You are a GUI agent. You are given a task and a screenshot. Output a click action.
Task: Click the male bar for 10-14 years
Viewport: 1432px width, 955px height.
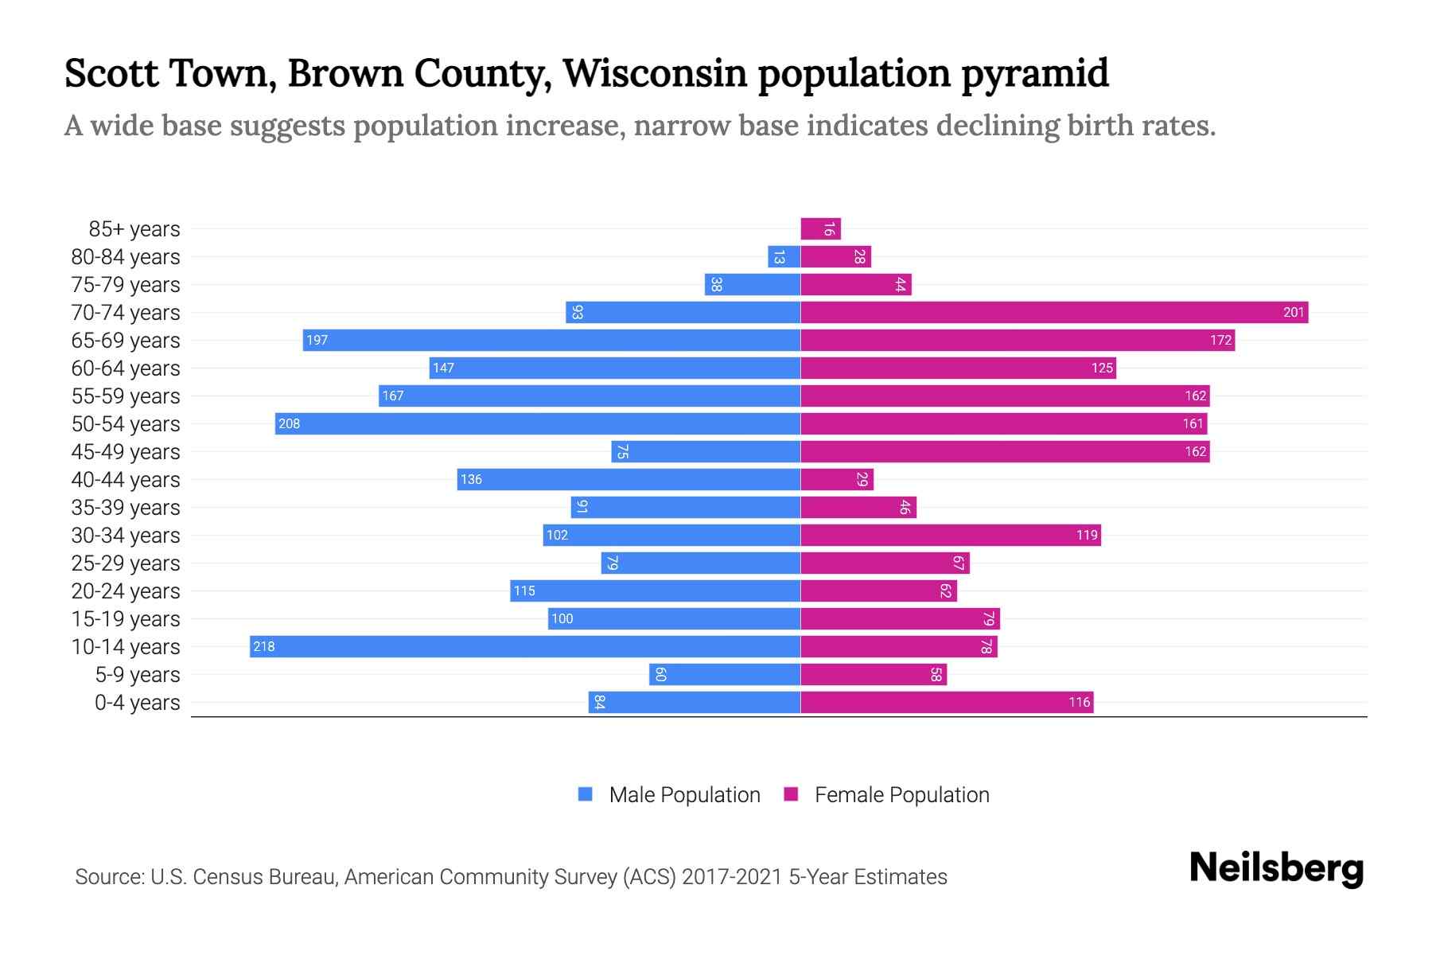click(x=525, y=646)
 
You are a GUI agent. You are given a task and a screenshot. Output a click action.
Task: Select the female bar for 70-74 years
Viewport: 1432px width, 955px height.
click(x=1054, y=312)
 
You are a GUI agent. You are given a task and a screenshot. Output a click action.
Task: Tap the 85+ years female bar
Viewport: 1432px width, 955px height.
click(x=820, y=229)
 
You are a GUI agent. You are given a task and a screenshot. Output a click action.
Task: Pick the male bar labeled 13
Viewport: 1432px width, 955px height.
click(x=784, y=257)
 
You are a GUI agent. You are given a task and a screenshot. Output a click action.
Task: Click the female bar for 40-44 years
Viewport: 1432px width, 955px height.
click(x=836, y=479)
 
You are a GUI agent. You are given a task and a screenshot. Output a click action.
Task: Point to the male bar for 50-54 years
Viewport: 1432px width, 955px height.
click(x=538, y=423)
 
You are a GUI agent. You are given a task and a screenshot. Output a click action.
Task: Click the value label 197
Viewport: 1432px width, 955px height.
click(x=317, y=341)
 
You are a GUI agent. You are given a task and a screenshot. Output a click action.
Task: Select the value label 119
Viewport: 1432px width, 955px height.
click(x=1087, y=535)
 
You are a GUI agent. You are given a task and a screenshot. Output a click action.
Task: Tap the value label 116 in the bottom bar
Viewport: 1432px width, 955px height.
click(x=1079, y=702)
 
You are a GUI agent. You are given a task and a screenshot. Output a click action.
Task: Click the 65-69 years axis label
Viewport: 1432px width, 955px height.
click(x=126, y=341)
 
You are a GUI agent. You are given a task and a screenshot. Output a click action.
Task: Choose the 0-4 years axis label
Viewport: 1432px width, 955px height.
click(x=137, y=703)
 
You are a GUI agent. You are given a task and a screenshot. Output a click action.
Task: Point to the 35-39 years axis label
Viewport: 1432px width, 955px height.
click(x=126, y=508)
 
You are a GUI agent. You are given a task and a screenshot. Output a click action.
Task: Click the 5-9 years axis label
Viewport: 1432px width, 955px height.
click(x=137, y=675)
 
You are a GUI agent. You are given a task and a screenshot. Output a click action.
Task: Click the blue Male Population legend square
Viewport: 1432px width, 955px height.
click(x=586, y=794)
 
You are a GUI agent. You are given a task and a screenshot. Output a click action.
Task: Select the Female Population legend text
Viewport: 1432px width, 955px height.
click(x=901, y=795)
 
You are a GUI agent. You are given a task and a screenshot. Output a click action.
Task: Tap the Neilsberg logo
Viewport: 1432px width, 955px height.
click(x=1276, y=868)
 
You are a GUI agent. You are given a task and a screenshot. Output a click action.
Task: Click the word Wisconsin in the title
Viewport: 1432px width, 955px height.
click(x=655, y=73)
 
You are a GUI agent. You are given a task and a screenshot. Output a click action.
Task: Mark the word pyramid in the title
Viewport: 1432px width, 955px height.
click(x=1034, y=73)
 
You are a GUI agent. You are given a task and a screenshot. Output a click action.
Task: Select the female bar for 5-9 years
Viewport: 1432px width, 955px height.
click(x=873, y=675)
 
